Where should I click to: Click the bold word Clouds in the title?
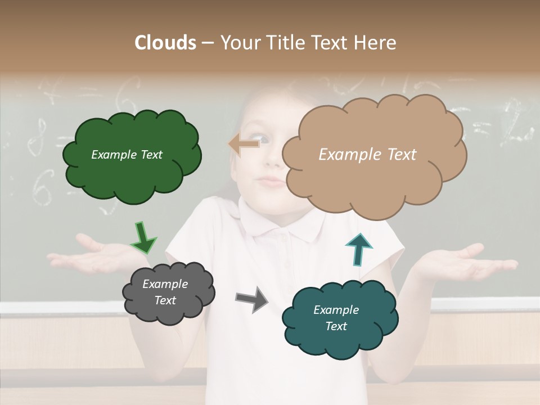(165, 43)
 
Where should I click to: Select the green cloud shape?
(132, 174)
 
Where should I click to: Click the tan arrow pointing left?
(244, 145)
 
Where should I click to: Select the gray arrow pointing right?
(253, 299)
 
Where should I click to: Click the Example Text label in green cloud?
(127, 155)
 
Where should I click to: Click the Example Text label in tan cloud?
(367, 155)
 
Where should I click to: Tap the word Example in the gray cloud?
(165, 284)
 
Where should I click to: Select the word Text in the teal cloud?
(336, 326)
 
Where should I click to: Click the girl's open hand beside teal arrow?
(461, 262)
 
